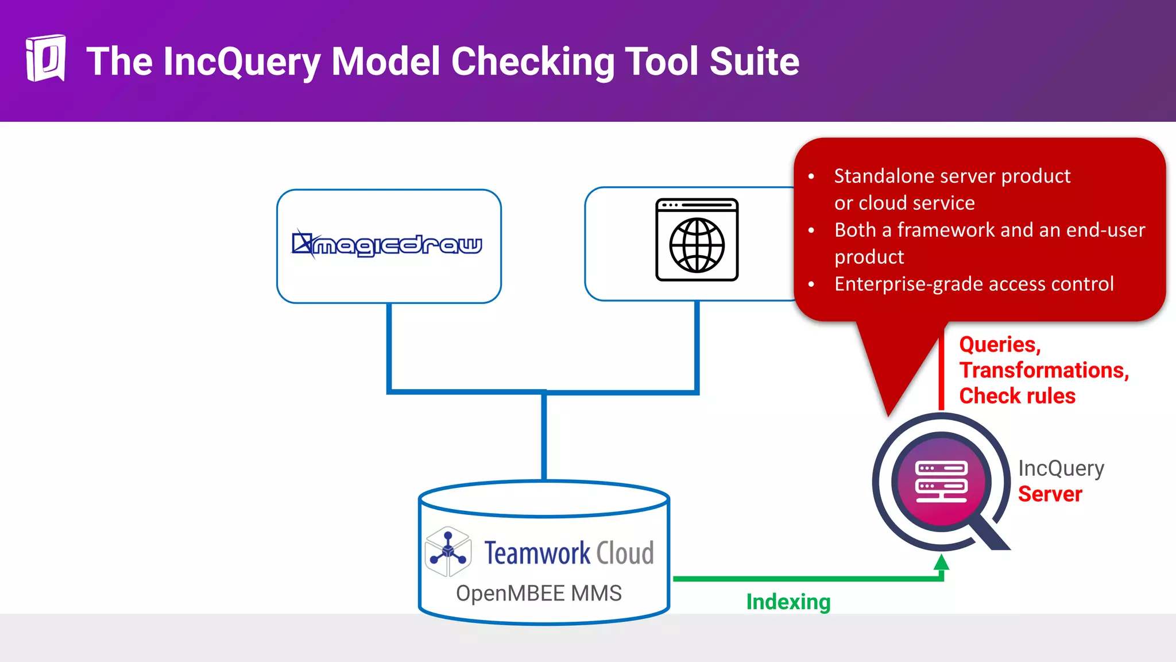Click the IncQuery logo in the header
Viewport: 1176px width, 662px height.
click(x=45, y=58)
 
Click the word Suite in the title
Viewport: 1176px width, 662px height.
click(x=754, y=61)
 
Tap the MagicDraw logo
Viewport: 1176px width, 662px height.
click(x=388, y=245)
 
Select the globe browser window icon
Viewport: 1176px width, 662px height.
click(x=697, y=240)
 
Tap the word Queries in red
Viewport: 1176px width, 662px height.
click(x=999, y=344)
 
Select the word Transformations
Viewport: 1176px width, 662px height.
click(x=1043, y=370)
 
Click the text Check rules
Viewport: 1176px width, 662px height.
click(x=1017, y=396)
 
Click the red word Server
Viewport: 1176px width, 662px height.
click(x=1050, y=494)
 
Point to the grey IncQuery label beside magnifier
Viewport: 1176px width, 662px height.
click(x=1061, y=468)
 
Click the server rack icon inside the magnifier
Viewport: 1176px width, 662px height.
click(x=941, y=482)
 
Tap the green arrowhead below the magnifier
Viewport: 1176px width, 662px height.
click(x=941, y=563)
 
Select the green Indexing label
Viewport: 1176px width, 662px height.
click(x=788, y=602)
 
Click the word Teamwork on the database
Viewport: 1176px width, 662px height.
click(x=537, y=553)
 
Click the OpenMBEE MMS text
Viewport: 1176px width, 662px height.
click(x=539, y=593)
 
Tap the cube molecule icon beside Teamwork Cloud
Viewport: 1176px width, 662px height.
click(x=448, y=552)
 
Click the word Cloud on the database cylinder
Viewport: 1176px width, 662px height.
click(x=625, y=553)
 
